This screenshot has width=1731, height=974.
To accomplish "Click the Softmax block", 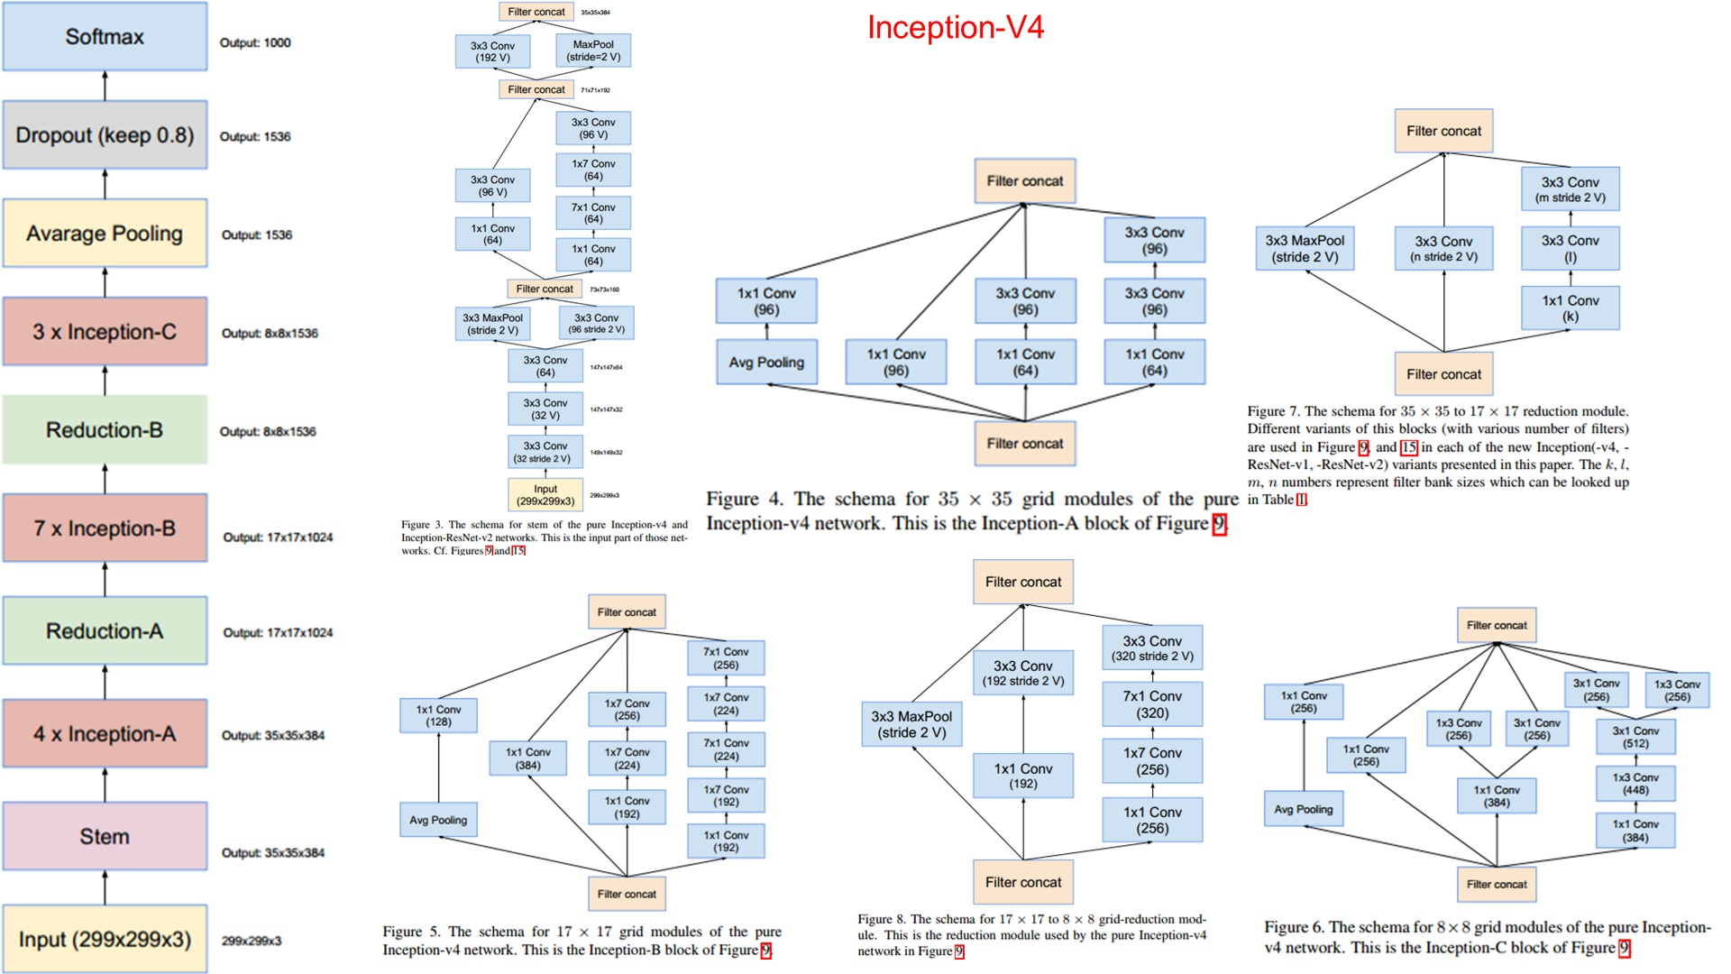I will (105, 37).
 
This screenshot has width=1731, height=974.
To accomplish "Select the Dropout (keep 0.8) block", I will (105, 135).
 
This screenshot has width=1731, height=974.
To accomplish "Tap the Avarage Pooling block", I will (105, 234).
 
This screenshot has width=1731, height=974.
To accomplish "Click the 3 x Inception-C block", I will (105, 332).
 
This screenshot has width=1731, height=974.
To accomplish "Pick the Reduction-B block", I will (105, 430).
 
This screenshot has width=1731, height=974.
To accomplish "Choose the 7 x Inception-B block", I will (105, 528).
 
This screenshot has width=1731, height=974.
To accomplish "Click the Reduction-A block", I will (105, 631).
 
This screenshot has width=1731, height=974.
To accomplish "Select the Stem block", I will (105, 836).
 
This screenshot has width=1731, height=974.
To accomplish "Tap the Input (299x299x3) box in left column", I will (105, 939).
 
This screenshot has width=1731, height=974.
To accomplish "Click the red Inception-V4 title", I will (955, 28).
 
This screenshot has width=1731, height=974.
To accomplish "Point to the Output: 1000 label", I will (255, 42).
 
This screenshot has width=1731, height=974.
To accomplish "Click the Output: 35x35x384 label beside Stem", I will (273, 852).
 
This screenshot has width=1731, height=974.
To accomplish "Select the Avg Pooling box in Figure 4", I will (766, 362).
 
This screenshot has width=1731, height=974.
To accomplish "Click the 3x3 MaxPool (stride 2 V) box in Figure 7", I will (1305, 249).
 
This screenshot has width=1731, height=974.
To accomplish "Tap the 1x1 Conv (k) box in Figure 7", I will (1570, 308).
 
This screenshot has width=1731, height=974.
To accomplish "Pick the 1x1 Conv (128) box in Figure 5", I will (438, 715).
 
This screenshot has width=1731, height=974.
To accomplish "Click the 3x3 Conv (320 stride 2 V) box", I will (1151, 648).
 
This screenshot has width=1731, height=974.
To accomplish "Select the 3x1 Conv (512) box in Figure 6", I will (1635, 737).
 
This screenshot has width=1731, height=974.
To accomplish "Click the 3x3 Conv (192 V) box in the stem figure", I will (492, 51).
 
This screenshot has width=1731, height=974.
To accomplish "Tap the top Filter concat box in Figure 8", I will (1022, 582).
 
